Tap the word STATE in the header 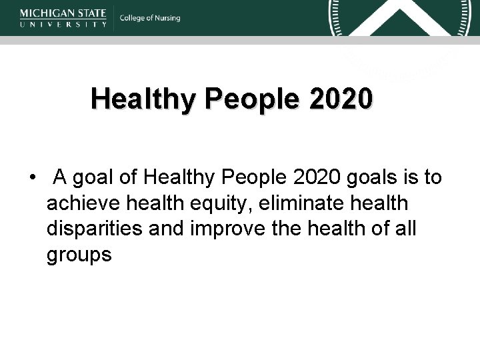tap(92, 13)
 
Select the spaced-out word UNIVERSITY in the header tap(63, 23)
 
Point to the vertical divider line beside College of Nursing tap(114, 18)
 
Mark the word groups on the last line tap(79, 255)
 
